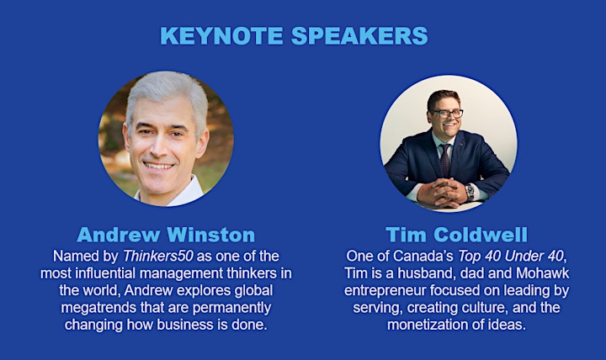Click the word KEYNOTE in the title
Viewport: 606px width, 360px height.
click(x=222, y=36)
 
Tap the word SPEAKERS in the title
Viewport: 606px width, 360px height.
click(x=359, y=36)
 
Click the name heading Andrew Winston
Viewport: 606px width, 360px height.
click(x=166, y=235)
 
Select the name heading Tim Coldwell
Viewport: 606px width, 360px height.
click(x=456, y=235)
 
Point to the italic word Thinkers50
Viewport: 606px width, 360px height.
click(x=157, y=256)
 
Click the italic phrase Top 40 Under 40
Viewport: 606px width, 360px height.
click(x=511, y=256)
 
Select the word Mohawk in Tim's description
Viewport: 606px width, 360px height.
click(x=543, y=273)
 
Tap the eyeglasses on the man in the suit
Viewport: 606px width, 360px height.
click(x=448, y=114)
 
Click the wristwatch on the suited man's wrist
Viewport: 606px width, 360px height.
click(x=470, y=192)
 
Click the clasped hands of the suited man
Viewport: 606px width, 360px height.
click(x=443, y=192)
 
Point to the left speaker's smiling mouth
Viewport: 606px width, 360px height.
click(x=158, y=166)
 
